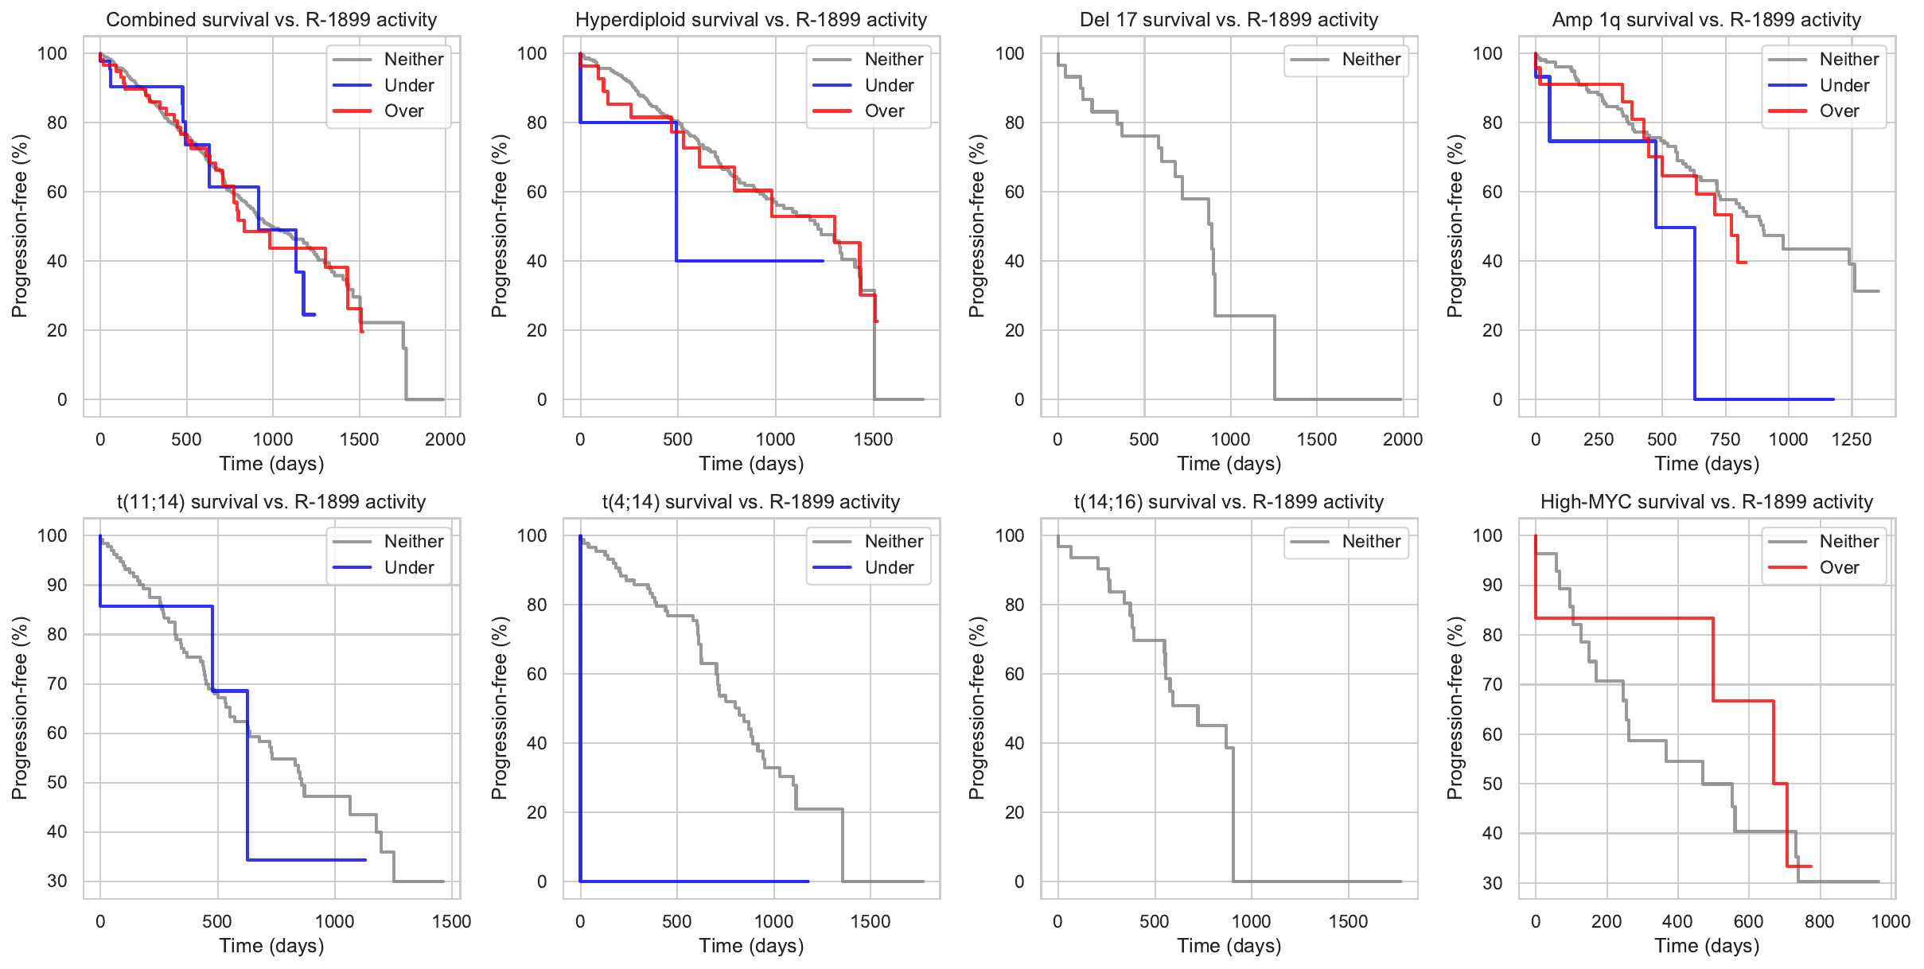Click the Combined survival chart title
[x=271, y=20]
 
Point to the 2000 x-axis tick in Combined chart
[x=445, y=439]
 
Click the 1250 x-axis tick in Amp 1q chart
[x=1852, y=439]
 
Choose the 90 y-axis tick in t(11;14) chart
[x=57, y=585]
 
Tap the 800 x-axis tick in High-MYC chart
[x=1820, y=921]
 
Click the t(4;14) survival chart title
[x=751, y=502]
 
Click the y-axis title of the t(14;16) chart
[x=977, y=707]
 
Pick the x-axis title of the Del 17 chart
[x=1229, y=463]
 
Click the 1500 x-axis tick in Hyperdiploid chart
[x=874, y=439]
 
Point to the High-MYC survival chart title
[x=1707, y=502]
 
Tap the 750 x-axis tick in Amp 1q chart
[x=1725, y=439]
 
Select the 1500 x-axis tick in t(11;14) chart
[x=452, y=921]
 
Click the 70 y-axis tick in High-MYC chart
[x=1493, y=684]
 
